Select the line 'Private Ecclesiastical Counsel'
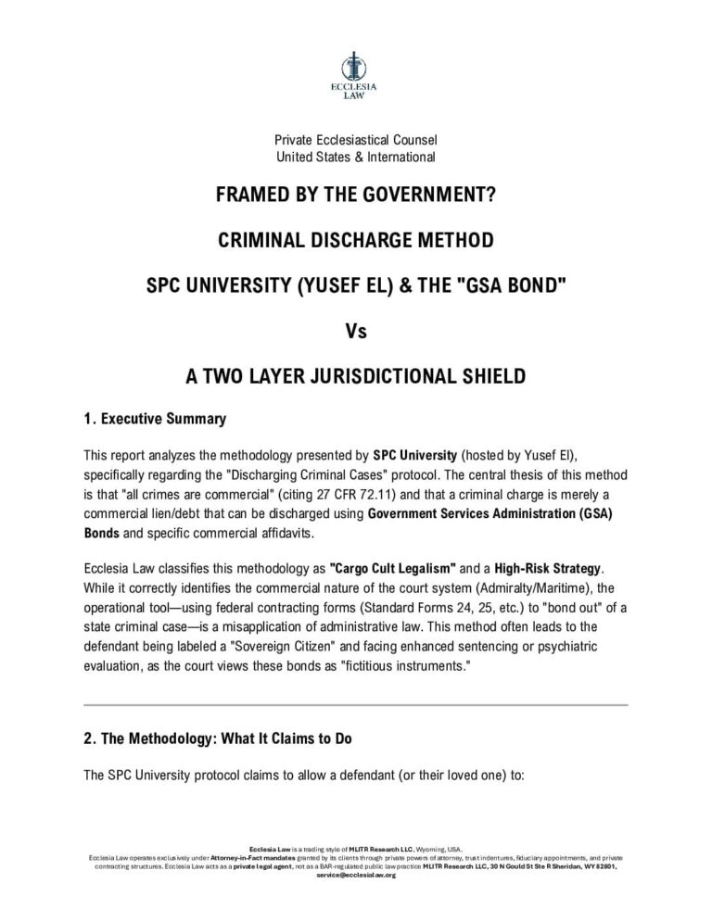[x=355, y=140]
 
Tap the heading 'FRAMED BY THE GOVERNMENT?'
[x=355, y=196]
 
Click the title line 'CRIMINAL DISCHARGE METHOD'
[x=355, y=241]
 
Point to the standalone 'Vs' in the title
[x=356, y=331]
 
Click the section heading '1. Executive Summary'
[x=154, y=419]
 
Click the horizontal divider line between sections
[x=355, y=705]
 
